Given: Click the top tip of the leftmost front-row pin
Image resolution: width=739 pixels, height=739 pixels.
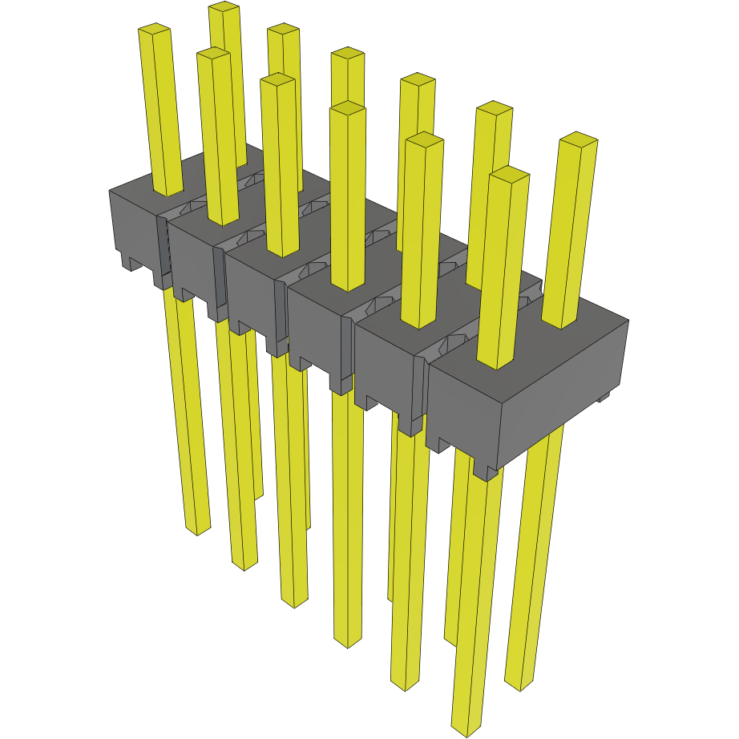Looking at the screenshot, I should [155, 30].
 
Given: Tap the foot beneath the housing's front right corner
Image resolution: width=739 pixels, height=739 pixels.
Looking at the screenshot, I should [486, 473].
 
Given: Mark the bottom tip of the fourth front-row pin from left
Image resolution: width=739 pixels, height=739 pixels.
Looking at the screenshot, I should [348, 643].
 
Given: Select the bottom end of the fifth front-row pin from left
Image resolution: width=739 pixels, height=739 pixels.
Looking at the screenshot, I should [405, 685].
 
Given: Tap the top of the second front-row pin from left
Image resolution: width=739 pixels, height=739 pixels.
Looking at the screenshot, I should [212, 53].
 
